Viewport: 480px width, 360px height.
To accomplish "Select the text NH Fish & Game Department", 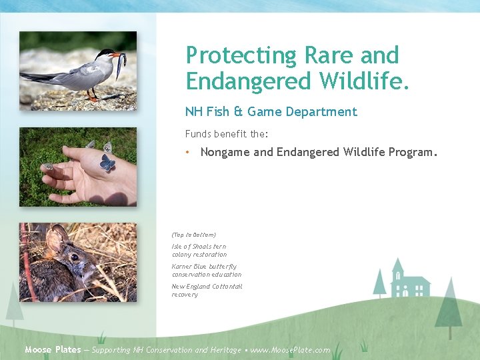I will point(271,112).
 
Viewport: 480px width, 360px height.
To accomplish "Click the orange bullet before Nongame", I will point(189,153).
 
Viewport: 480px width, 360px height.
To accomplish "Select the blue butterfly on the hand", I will point(107,163).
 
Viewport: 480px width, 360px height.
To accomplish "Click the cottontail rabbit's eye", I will point(73,257).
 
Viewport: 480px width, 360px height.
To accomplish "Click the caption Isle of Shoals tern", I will point(199,247).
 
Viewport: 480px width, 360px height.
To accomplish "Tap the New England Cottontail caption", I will point(207,287).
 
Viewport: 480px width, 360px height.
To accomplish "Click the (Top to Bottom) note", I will point(193,235).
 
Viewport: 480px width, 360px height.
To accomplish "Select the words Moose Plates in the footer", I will point(53,350).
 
